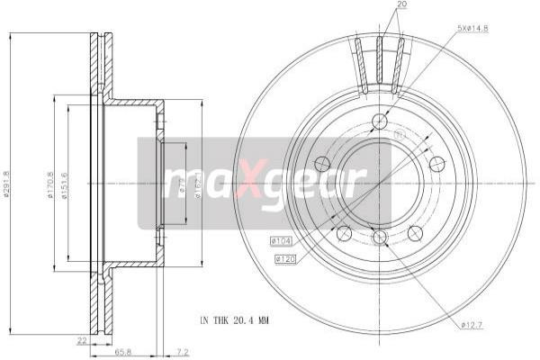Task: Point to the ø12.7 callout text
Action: (x=472, y=325)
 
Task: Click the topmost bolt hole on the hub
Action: (x=379, y=121)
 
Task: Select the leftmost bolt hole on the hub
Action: (x=321, y=164)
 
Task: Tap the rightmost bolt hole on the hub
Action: (x=436, y=164)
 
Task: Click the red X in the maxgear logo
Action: (x=246, y=184)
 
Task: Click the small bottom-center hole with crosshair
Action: (x=379, y=237)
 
